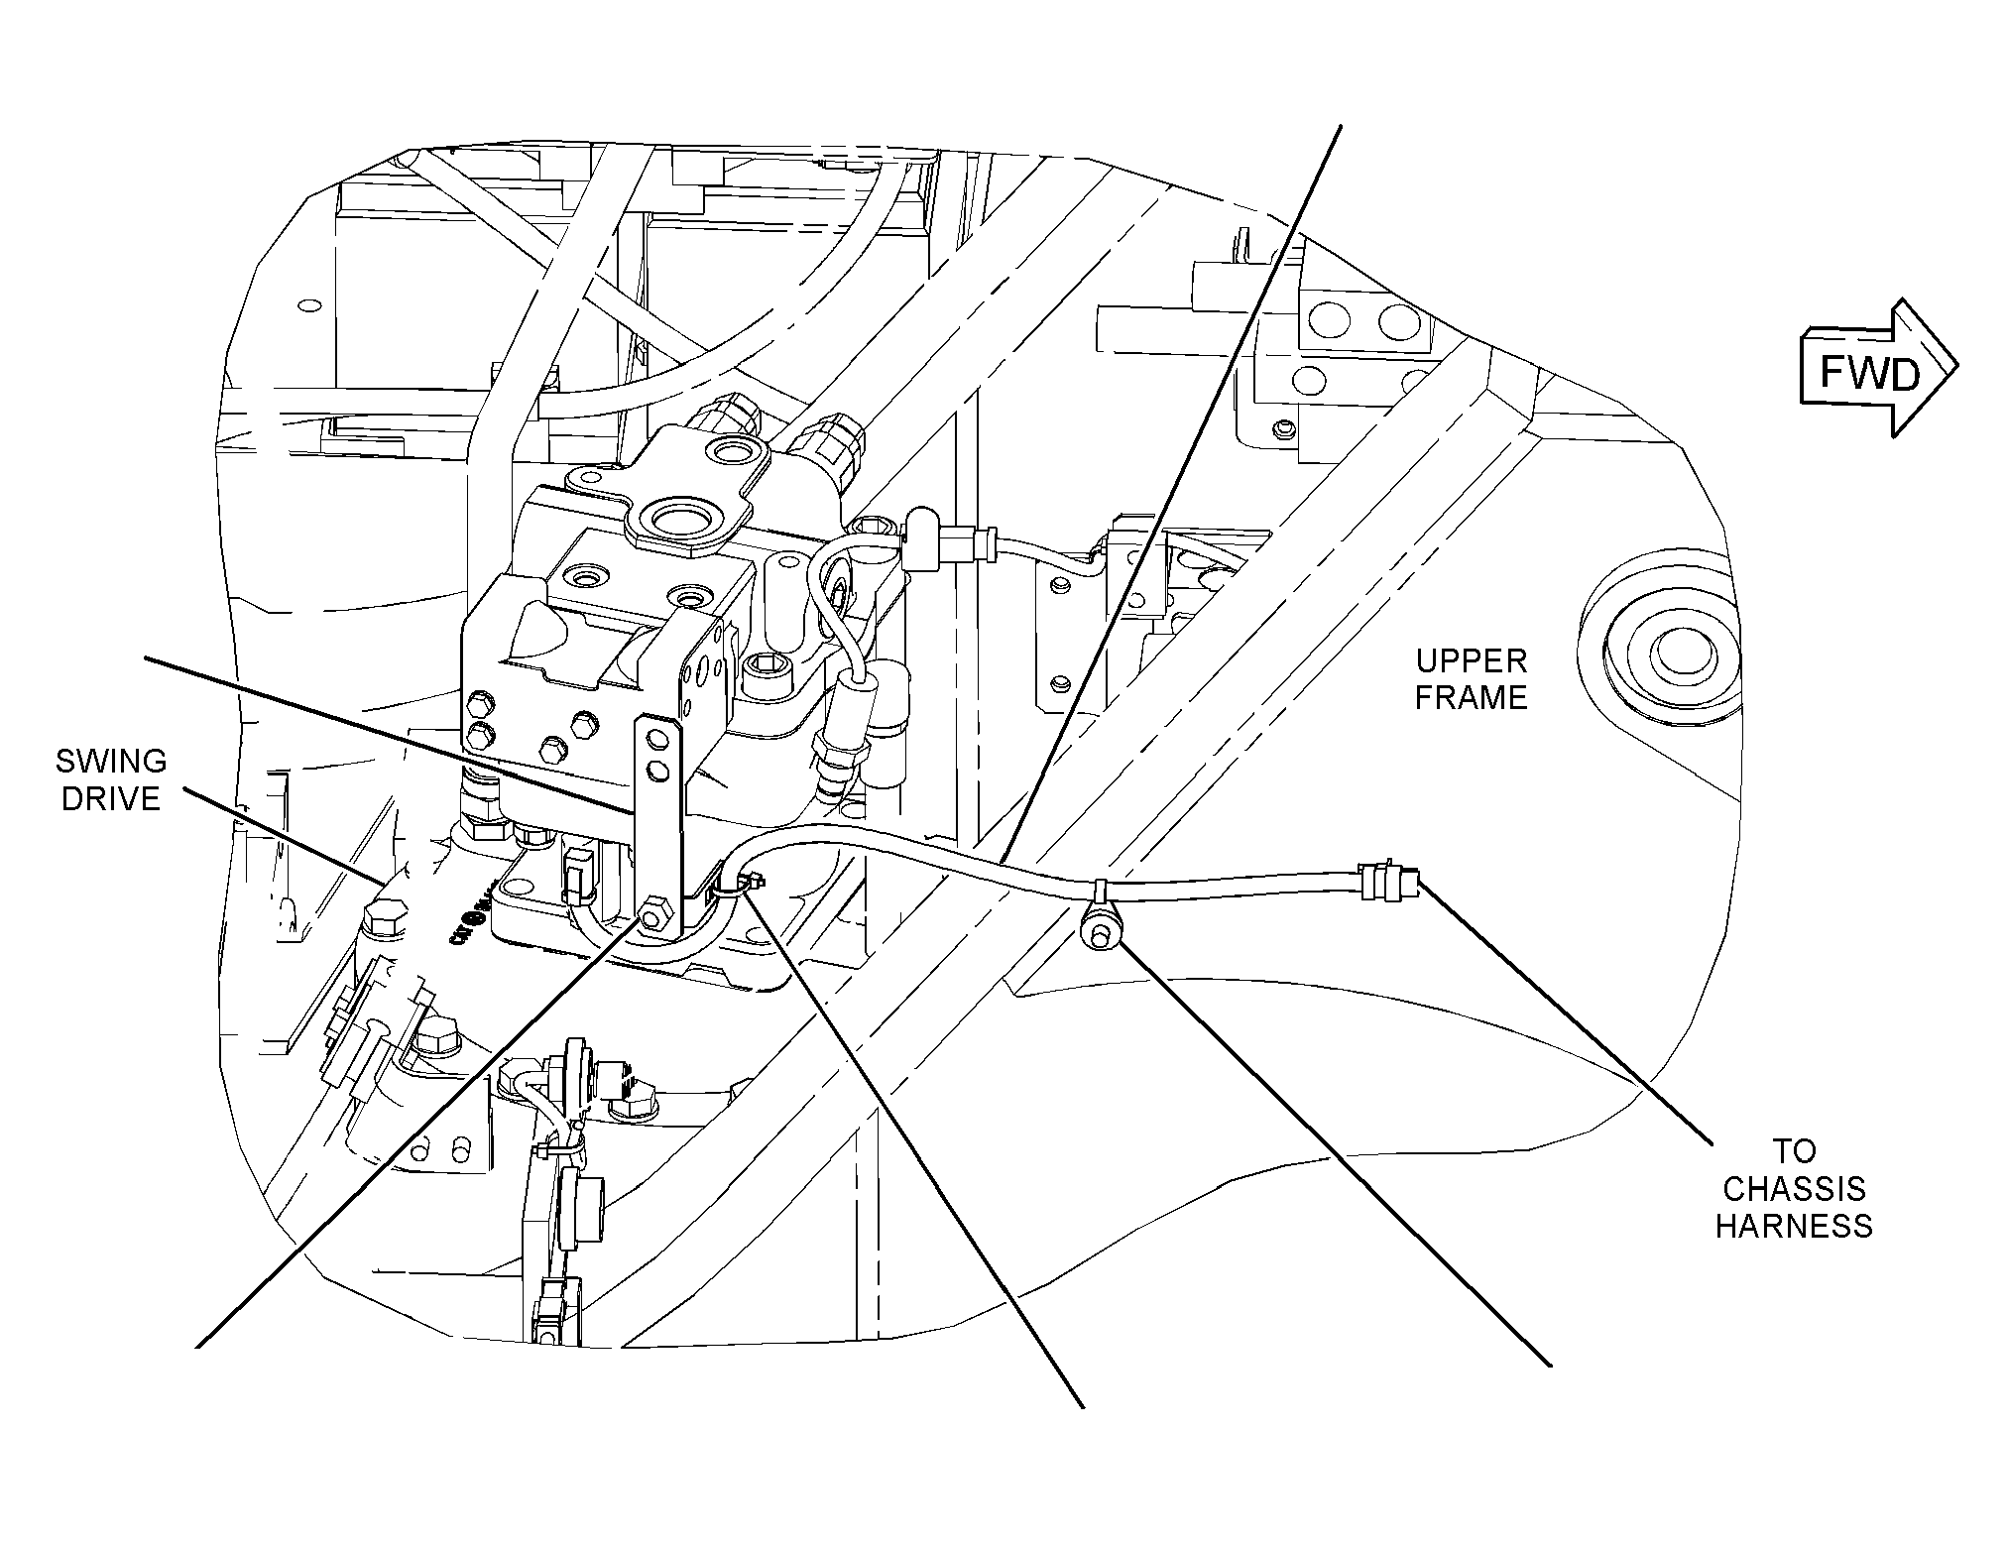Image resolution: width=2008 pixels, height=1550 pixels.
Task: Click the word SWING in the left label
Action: pos(111,762)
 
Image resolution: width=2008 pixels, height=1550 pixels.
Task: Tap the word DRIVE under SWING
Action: pos(111,799)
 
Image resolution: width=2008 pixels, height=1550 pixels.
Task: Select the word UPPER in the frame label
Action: pos(1471,660)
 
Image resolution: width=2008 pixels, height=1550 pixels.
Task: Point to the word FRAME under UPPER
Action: pos(1471,698)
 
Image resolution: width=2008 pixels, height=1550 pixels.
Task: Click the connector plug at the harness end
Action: pos(1388,880)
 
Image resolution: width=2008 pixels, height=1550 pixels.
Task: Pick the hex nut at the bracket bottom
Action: pos(652,916)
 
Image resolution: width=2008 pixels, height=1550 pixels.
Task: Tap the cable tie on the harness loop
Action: pos(753,880)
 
